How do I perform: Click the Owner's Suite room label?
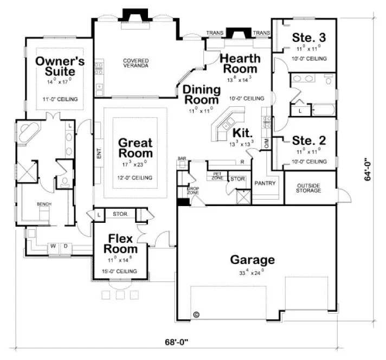tap(60, 67)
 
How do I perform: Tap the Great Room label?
tap(136, 148)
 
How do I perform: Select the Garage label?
tap(252, 260)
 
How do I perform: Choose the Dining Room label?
tap(202, 94)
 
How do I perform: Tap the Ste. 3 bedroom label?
tap(309, 37)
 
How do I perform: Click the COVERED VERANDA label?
tap(136, 63)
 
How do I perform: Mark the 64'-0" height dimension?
tap(368, 169)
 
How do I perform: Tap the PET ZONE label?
tap(217, 176)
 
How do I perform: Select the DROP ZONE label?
tap(194, 190)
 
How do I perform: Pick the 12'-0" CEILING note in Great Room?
tap(136, 178)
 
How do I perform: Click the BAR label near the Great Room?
tap(181, 159)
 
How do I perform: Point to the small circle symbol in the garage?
tap(196, 314)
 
